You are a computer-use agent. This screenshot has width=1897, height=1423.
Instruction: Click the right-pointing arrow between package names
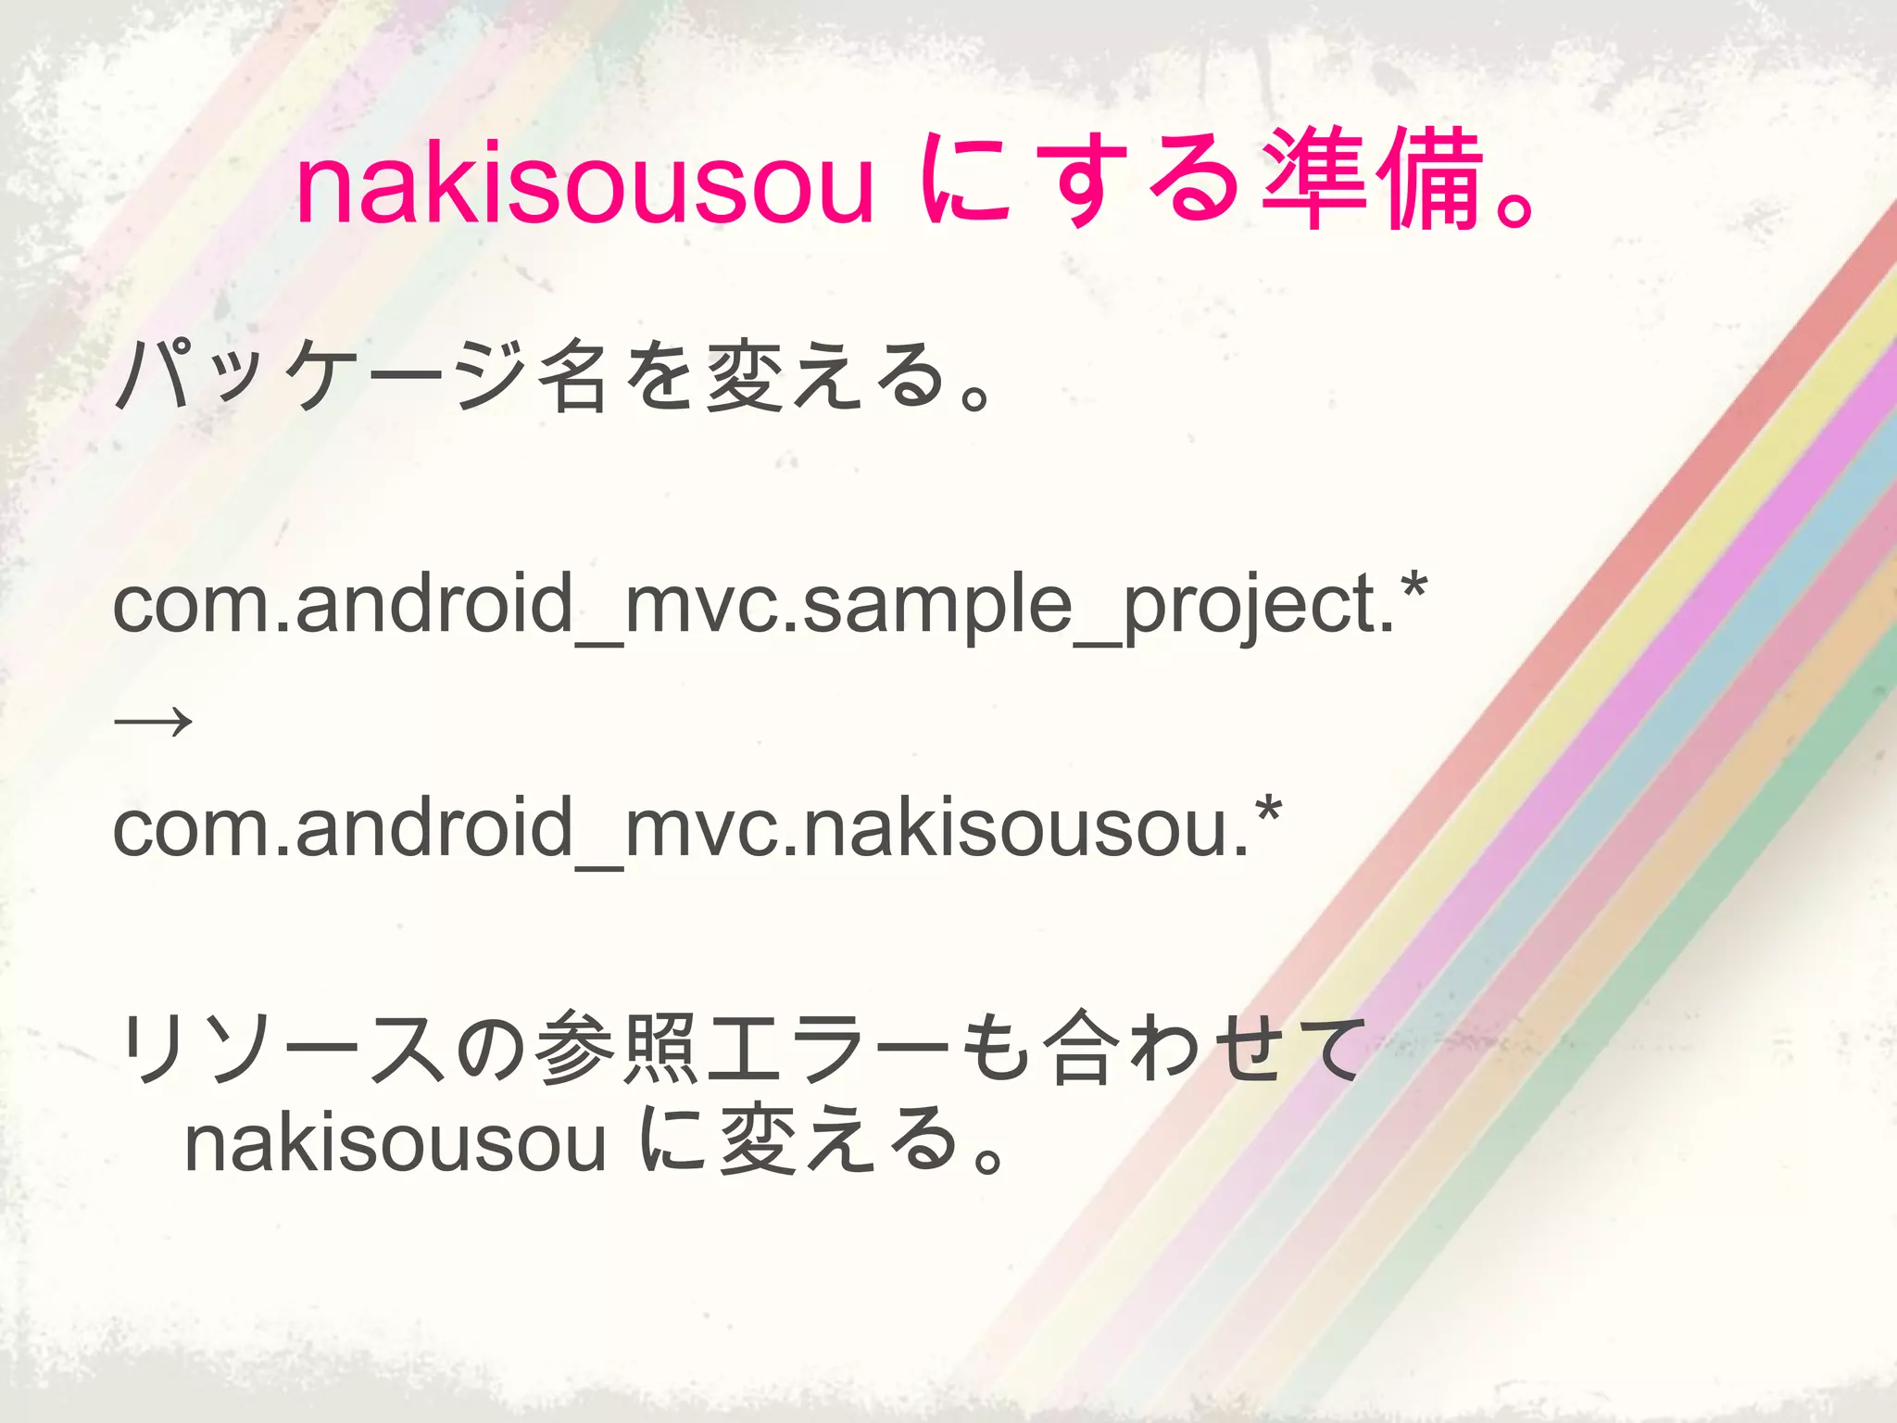[153, 720]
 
